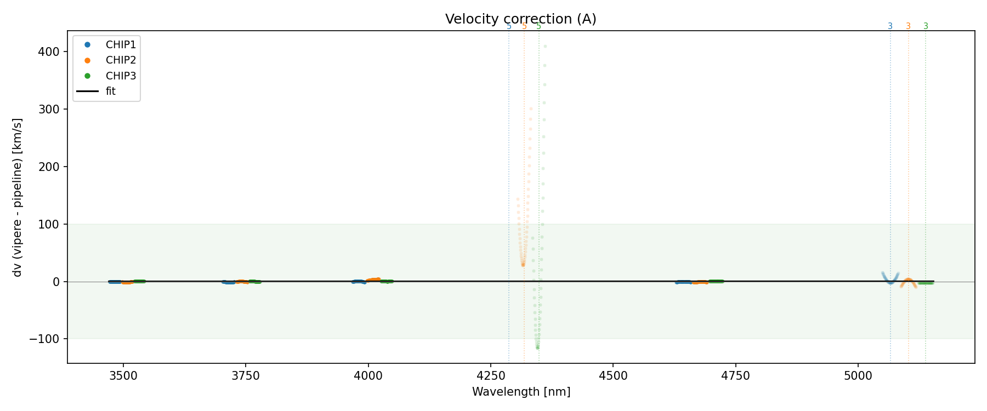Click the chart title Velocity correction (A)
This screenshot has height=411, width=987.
pos(520,19)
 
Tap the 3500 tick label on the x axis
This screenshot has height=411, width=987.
pos(123,375)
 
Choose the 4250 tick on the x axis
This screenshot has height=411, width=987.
pos(491,375)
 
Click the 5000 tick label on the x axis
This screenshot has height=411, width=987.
pos(858,375)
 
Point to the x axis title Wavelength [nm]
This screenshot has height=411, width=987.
pos(521,392)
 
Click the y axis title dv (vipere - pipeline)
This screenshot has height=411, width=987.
pos(18,197)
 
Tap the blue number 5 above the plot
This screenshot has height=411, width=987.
pos(509,26)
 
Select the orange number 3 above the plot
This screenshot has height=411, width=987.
pos(908,26)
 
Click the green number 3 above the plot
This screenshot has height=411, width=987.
pos(926,26)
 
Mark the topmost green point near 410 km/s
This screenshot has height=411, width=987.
pos(545,46)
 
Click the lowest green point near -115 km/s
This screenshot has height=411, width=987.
pos(537,347)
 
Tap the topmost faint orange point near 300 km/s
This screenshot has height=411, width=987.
pos(531,109)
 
